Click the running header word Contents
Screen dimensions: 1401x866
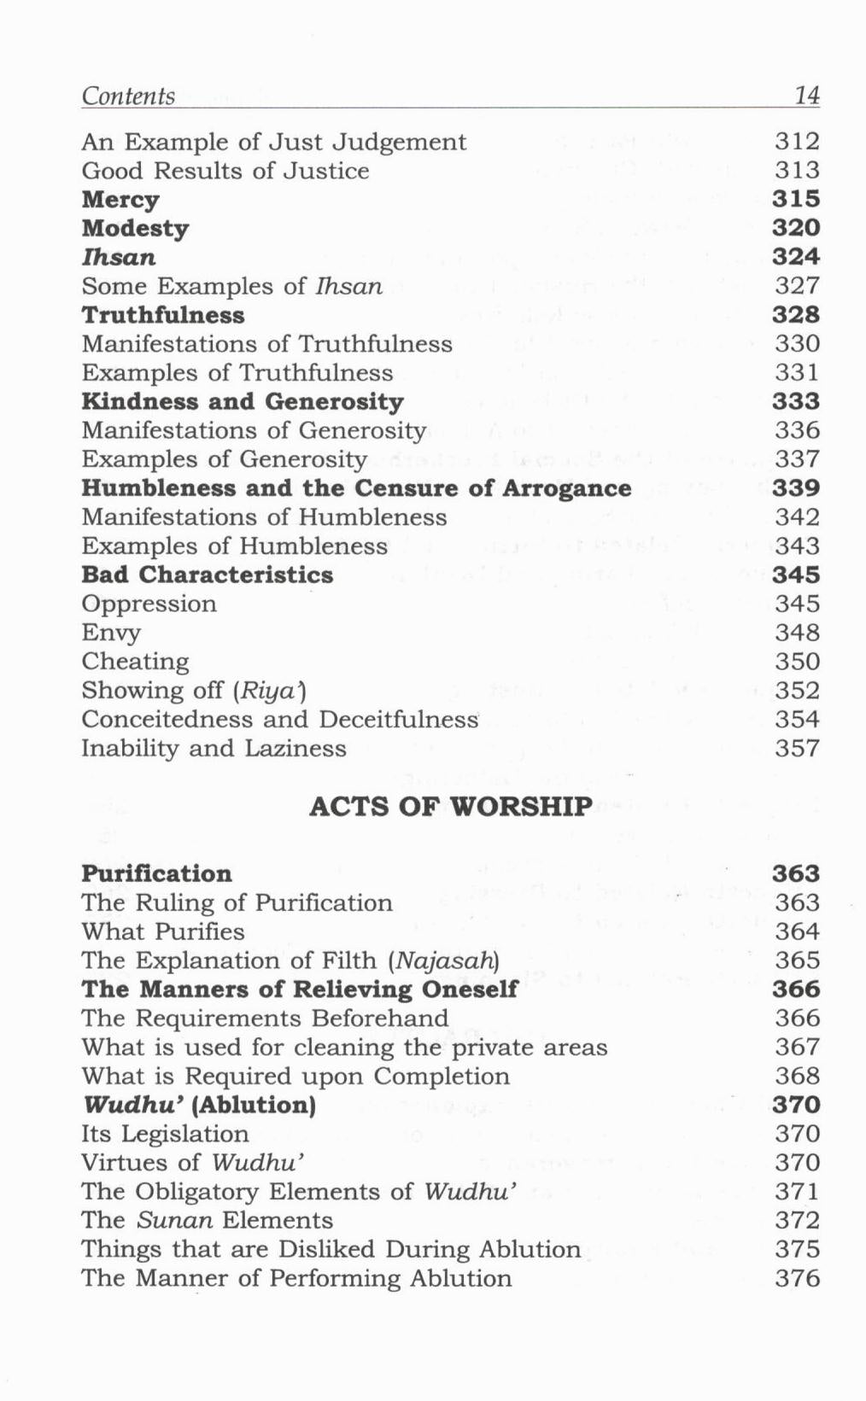[128, 96]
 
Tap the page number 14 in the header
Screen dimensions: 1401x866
[806, 95]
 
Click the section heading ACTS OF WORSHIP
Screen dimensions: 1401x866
[450, 806]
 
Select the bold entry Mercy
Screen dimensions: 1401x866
[120, 200]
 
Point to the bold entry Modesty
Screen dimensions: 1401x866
[135, 229]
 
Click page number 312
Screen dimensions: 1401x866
[797, 142]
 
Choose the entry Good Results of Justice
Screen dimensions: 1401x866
[225, 171]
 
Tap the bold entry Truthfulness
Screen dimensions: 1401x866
[163, 315]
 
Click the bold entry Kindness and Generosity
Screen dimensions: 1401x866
[243, 401]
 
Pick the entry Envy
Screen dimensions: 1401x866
[111, 633]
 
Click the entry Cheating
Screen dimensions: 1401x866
[135, 662]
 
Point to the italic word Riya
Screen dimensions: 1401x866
[266, 691]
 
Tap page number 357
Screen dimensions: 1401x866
[797, 749]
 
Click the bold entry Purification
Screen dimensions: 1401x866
[156, 873]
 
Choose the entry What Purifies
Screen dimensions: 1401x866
[162, 931]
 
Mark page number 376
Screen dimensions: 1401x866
[797, 1278]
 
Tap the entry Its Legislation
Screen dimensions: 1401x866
[165, 1134]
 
